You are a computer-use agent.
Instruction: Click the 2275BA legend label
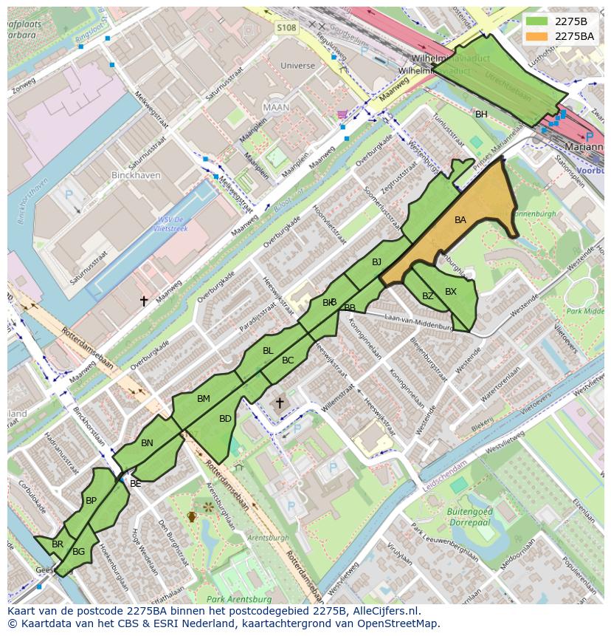(574, 35)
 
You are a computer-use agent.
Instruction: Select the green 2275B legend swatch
(537, 21)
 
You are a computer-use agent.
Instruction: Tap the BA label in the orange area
(460, 220)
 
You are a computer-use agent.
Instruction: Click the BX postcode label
(451, 292)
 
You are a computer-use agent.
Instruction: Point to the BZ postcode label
(428, 296)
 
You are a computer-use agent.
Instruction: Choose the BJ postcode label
(376, 262)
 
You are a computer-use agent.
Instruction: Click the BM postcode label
(204, 399)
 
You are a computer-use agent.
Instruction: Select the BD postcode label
(226, 419)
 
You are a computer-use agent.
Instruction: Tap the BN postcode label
(147, 443)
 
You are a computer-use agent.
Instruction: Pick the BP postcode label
(91, 500)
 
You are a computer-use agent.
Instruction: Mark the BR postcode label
(58, 544)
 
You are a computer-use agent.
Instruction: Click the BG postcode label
(79, 551)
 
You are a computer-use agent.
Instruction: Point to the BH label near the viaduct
(481, 114)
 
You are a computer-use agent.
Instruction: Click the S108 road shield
(286, 28)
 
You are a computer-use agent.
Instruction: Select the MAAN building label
(276, 107)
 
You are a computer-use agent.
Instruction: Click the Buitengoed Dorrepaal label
(469, 516)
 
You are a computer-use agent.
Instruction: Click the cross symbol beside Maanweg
(145, 301)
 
